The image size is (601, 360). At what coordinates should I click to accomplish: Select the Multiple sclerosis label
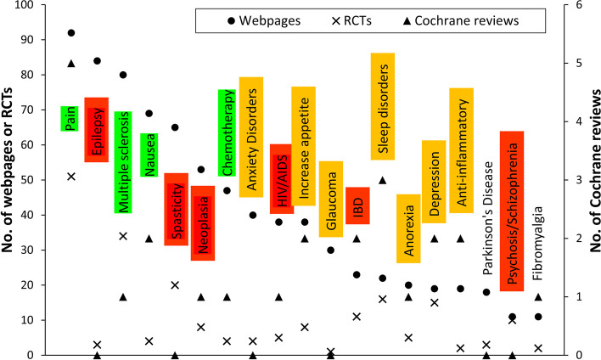point(123,162)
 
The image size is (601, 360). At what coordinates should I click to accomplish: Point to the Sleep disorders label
point(382,106)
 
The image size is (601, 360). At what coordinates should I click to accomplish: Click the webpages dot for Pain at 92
point(71,33)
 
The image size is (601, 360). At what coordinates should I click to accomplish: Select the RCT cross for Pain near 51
point(71,177)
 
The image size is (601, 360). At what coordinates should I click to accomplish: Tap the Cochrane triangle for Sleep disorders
point(382,180)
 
